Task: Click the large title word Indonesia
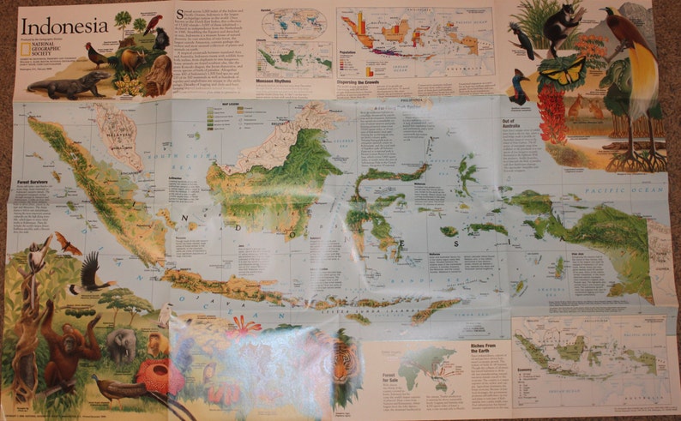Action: (x=64, y=25)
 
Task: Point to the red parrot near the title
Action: (x=154, y=23)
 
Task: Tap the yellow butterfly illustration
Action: (x=562, y=74)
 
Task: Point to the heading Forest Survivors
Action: (x=35, y=182)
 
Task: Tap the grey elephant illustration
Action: (x=121, y=344)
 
